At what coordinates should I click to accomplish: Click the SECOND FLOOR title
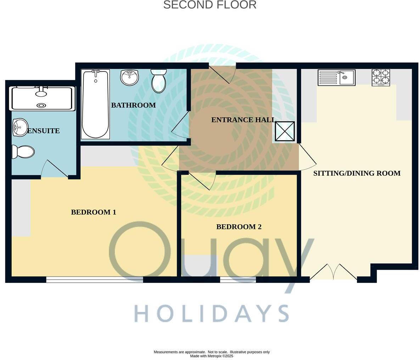[209, 5]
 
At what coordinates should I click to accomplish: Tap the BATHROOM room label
[133, 105]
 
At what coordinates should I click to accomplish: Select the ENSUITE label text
[44, 131]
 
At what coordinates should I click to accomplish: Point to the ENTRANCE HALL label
[243, 120]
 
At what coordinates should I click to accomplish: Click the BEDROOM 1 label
[94, 212]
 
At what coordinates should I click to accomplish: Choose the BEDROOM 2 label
[239, 227]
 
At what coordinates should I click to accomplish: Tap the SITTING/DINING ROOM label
[357, 173]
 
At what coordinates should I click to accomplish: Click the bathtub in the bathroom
[95, 104]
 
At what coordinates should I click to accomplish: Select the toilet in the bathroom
[158, 80]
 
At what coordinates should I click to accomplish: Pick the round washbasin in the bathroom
[129, 77]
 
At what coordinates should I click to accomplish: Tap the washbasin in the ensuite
[20, 127]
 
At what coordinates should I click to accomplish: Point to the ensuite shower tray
[43, 98]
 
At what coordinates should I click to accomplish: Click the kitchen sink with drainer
[336, 78]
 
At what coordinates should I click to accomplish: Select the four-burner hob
[381, 77]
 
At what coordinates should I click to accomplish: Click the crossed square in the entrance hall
[285, 131]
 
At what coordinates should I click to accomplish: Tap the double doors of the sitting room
[333, 272]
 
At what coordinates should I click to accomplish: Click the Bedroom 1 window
[95, 280]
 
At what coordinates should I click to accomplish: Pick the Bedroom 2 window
[238, 280]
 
